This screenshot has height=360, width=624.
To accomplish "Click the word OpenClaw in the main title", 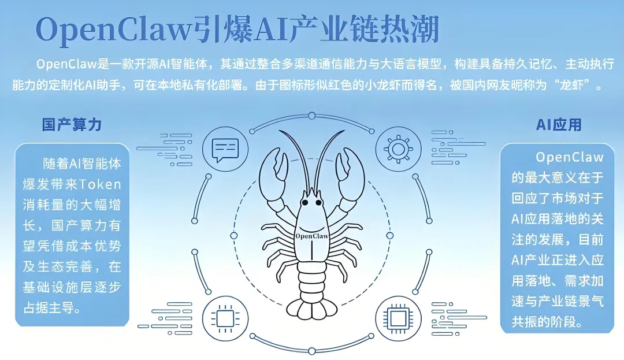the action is point(112,28).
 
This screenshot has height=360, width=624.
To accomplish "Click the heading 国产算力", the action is point(72,124).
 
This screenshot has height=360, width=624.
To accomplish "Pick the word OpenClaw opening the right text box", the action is point(570,157).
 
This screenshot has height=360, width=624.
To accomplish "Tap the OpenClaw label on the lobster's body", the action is point(311,236).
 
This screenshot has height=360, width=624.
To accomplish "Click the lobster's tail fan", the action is point(311,307).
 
